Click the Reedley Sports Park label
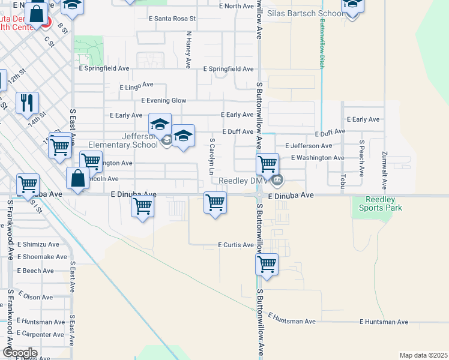coord(381,204)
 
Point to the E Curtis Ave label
coord(235,245)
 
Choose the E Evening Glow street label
coord(163,101)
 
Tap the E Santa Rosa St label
coord(172,19)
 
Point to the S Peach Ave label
coord(362,158)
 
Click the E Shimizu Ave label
coord(38,245)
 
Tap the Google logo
coord(19,352)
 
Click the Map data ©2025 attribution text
coord(423,355)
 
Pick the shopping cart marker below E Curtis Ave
coord(267,265)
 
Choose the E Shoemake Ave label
coord(42,257)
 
